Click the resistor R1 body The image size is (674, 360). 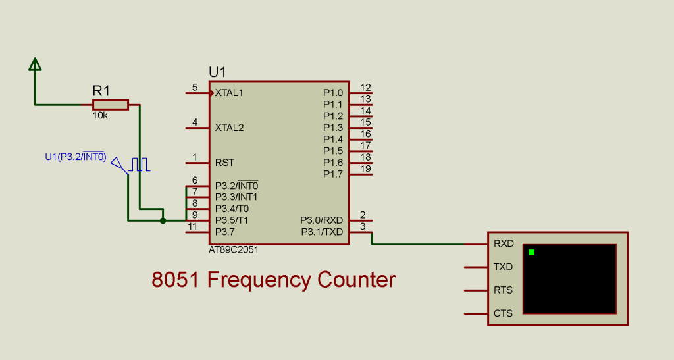[x=111, y=105]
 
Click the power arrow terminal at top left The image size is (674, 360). [x=35, y=64]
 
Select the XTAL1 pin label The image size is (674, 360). [x=229, y=93]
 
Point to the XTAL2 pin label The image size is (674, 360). [x=229, y=128]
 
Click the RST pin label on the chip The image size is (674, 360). [x=224, y=162]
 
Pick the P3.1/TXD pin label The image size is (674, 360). [x=322, y=232]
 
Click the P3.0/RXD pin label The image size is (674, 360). [x=322, y=220]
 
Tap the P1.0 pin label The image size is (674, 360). [x=332, y=93]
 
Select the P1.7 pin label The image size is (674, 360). [x=332, y=174]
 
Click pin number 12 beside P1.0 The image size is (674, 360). [x=366, y=88]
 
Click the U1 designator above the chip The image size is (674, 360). [x=217, y=72]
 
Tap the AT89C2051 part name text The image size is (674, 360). [x=234, y=251]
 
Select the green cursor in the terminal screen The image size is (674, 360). [x=531, y=252]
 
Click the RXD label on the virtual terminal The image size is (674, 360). [x=504, y=244]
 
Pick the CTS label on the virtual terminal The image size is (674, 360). [x=504, y=313]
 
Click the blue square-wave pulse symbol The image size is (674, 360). [x=140, y=165]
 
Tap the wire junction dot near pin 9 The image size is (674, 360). [x=163, y=220]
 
